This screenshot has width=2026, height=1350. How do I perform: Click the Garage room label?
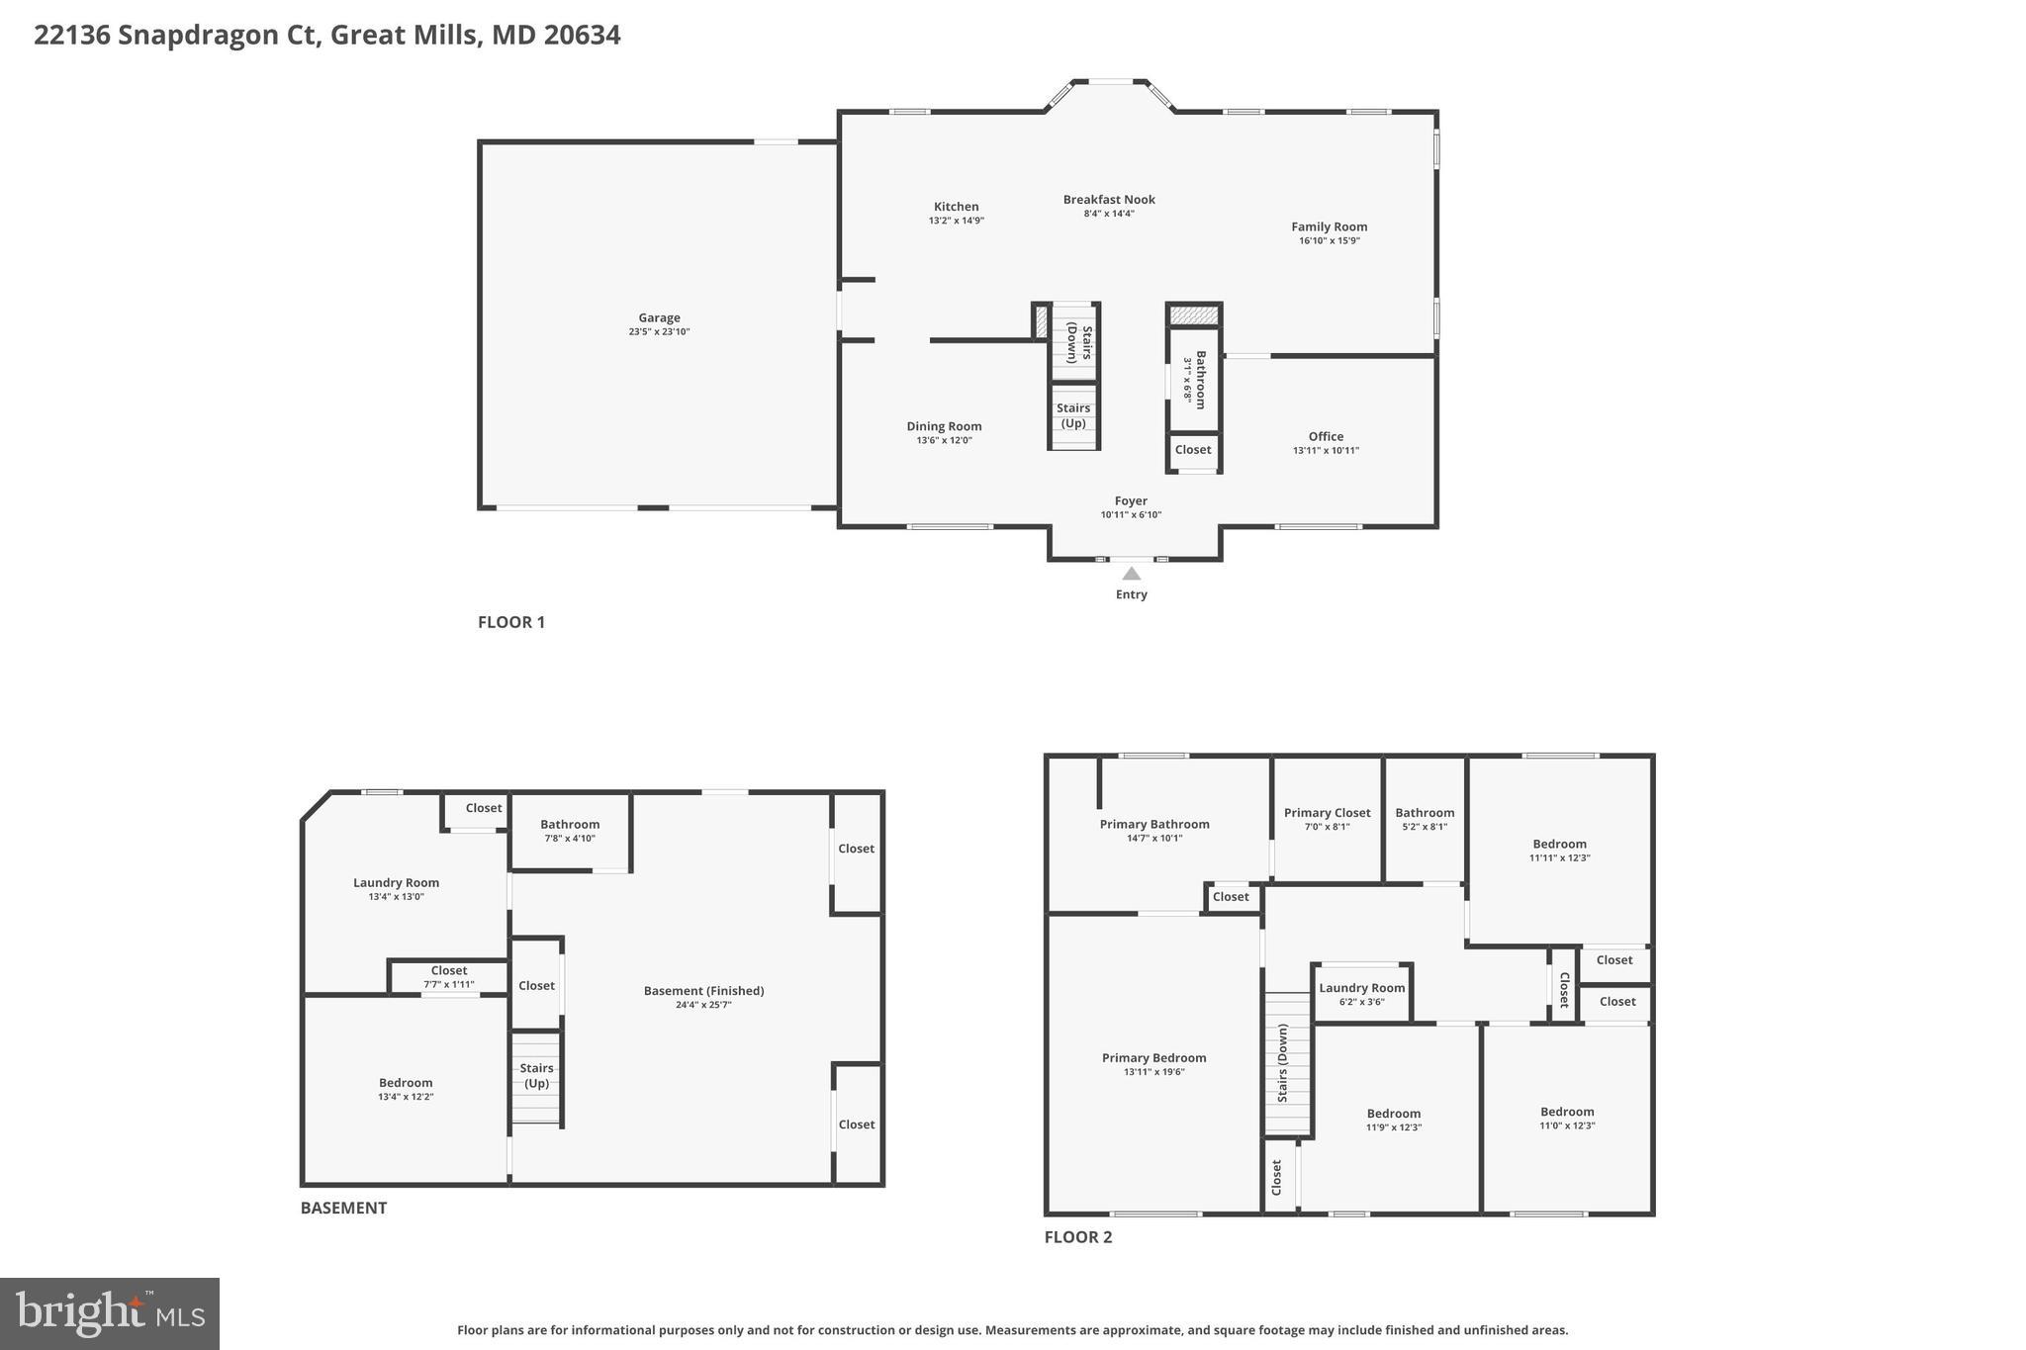coord(659,318)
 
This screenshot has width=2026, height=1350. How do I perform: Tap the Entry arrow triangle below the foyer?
coord(1131,574)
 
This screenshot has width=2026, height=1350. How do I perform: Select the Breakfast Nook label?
coord(1109,200)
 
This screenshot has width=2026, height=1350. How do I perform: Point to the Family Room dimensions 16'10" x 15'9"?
coord(1329,240)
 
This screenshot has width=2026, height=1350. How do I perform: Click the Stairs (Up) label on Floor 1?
coord(1073,415)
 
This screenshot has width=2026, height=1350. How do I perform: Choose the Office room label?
coord(1326,436)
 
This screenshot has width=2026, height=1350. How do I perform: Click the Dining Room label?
coord(944,426)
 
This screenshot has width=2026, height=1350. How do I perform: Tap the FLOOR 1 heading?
coord(510,622)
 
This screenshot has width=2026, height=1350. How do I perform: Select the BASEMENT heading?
coord(343,1208)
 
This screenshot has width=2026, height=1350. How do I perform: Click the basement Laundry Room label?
coord(396,883)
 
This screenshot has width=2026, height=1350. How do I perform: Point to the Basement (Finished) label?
coord(703,991)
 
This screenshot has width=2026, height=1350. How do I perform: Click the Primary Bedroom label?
coord(1153,1058)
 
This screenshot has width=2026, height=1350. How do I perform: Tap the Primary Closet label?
coord(1327,813)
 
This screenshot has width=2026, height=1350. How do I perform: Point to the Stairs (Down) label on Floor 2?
coord(1283,1063)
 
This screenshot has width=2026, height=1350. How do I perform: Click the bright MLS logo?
coord(110,1313)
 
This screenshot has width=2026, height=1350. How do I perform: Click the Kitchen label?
coord(956,207)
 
